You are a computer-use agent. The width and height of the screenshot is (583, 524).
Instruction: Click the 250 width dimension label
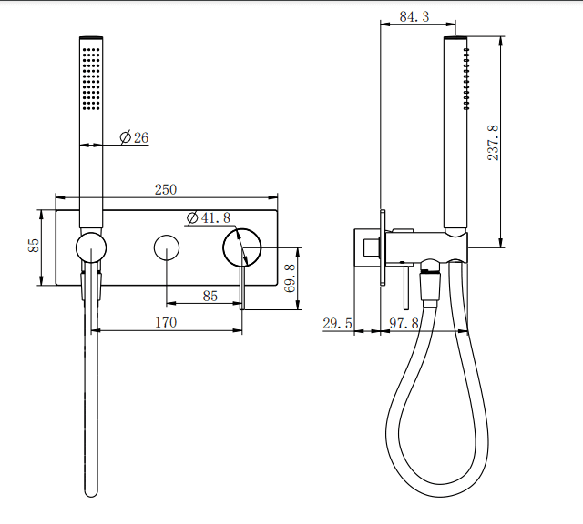(166, 189)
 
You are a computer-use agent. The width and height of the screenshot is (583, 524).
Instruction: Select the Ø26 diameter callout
(134, 138)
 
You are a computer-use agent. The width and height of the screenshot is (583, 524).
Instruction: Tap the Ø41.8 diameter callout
(209, 218)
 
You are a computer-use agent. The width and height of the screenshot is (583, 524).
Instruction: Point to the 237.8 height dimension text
(493, 142)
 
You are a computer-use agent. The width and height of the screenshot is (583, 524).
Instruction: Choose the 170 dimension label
(166, 322)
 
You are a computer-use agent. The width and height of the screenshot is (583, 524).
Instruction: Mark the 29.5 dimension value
(338, 323)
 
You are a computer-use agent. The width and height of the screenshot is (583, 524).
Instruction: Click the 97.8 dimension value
(405, 323)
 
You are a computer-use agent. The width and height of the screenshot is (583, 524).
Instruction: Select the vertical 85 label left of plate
(34, 247)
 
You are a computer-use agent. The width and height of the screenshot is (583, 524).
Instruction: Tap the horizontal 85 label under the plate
(210, 296)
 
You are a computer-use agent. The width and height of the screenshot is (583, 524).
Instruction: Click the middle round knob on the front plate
(167, 247)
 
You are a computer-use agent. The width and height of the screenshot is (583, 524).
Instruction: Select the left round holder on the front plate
(91, 247)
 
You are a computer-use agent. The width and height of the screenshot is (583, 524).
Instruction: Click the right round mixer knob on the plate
(242, 247)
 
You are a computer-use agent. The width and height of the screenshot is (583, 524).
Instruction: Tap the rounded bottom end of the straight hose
(91, 490)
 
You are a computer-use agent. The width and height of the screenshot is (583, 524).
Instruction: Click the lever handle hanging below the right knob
(242, 289)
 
